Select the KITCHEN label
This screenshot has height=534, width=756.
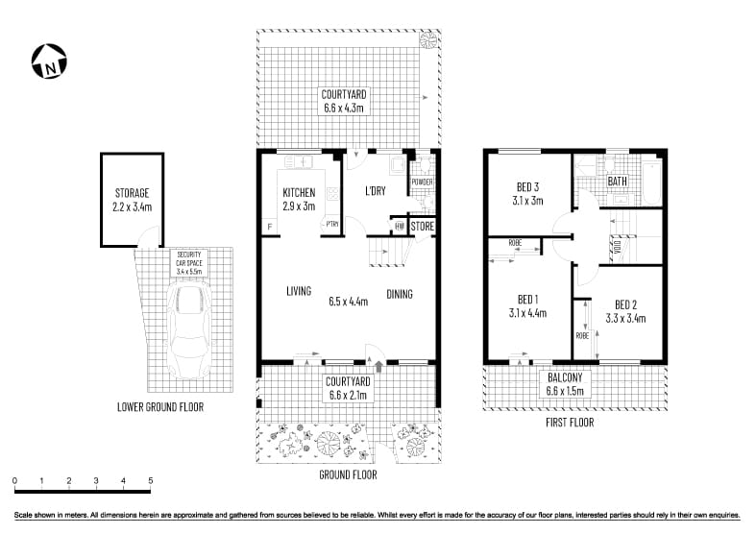click(299, 193)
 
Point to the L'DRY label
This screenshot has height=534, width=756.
click(376, 191)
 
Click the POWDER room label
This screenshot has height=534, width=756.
click(422, 182)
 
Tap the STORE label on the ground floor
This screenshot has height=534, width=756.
click(423, 227)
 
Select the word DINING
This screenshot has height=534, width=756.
click(400, 294)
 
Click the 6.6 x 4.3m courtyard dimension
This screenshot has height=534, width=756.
click(344, 109)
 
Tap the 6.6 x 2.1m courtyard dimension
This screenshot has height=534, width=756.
click(344, 394)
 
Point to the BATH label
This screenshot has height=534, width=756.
click(617, 182)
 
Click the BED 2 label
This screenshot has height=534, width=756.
click(625, 304)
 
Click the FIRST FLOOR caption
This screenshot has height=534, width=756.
click(569, 422)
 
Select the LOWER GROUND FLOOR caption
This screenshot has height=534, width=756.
click(159, 407)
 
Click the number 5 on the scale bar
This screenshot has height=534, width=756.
click(150, 480)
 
